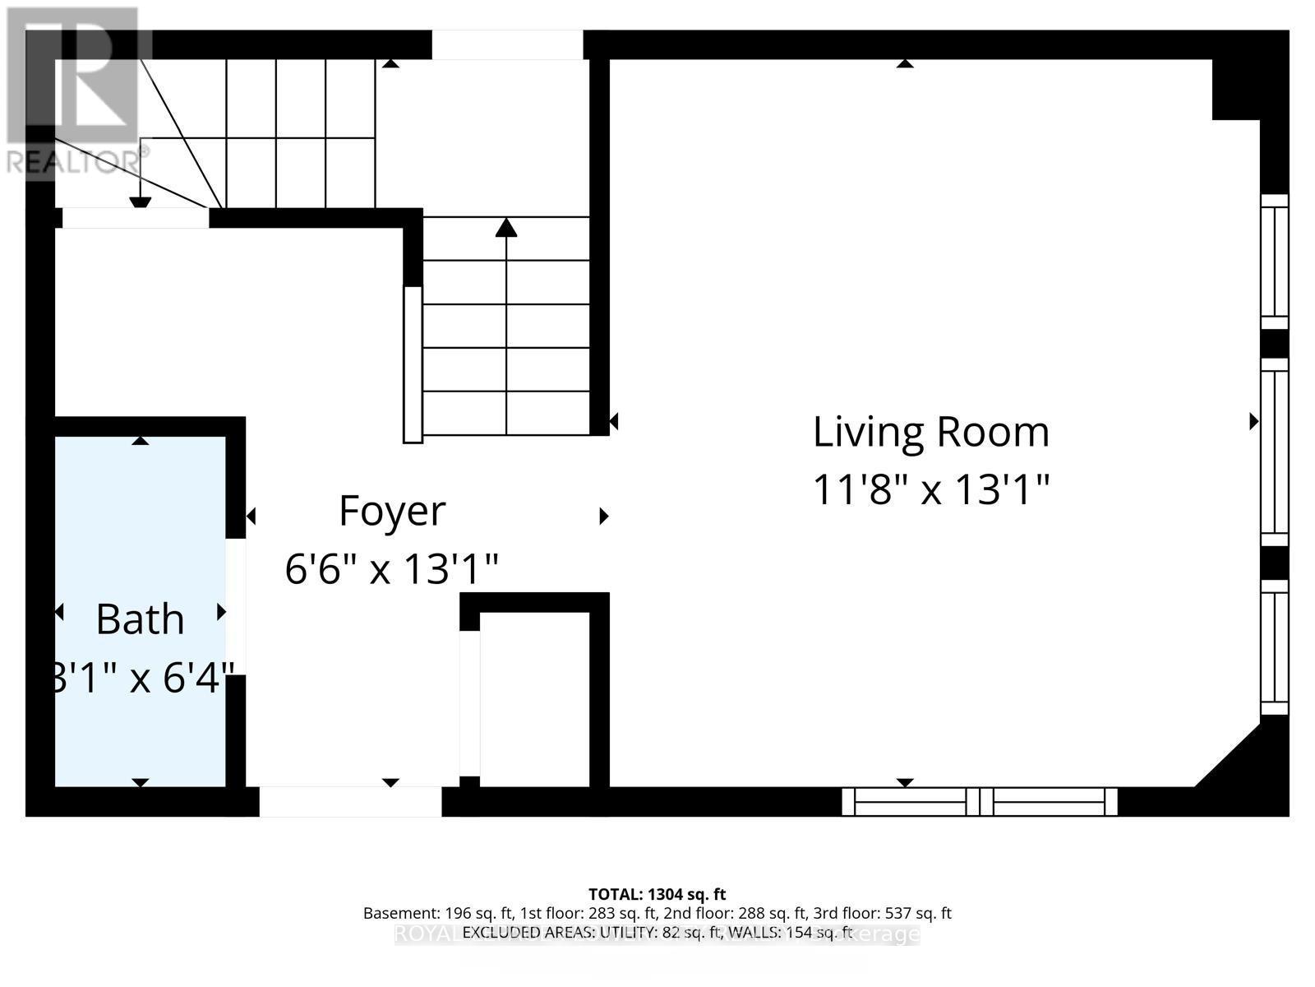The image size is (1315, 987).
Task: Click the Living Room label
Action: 931,432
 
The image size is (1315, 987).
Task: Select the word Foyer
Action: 392,511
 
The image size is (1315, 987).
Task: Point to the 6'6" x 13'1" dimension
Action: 392,568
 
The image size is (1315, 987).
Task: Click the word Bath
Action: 140,619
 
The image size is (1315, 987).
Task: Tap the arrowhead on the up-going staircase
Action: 506,227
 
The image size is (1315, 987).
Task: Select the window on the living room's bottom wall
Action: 979,801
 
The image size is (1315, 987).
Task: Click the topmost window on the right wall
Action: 1275,262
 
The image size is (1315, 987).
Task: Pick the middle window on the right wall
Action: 1275,452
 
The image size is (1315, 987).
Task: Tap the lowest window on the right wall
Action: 1275,646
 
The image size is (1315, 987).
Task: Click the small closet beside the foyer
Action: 534,699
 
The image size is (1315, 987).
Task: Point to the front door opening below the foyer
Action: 351,802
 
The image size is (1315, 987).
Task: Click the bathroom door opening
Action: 236,606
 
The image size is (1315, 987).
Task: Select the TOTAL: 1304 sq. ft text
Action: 657,894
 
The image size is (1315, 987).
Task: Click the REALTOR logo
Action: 74,90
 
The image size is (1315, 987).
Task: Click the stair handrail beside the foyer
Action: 413,364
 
